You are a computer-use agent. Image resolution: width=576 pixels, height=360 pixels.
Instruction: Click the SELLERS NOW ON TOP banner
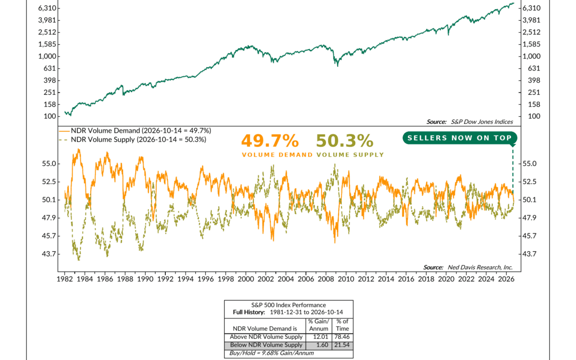tap(460, 138)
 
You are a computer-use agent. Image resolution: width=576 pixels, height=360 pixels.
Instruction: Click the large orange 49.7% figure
tap(270, 141)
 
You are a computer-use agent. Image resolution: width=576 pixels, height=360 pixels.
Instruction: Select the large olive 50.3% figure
tap(345, 141)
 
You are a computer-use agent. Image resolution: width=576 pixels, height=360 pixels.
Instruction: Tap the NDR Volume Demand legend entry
tap(135, 131)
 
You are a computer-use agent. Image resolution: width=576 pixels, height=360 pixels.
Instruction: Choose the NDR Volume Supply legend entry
tap(133, 140)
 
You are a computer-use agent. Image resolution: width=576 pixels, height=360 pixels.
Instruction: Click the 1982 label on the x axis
tap(65, 279)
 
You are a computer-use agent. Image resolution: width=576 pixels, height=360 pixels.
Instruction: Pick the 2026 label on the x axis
tap(506, 279)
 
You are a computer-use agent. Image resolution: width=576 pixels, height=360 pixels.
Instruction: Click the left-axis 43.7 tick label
tap(49, 254)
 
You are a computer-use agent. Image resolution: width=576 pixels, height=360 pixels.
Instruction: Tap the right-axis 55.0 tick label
tap(530, 164)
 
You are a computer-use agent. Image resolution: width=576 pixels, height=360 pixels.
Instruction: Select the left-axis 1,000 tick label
tap(47, 56)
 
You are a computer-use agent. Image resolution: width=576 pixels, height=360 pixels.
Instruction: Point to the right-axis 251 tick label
tap(530, 93)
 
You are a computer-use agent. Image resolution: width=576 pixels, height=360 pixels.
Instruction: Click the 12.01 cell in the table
tap(318, 337)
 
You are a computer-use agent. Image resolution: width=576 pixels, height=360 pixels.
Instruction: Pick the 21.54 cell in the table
tap(342, 345)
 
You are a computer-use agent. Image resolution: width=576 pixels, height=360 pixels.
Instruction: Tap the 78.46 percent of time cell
tap(342, 337)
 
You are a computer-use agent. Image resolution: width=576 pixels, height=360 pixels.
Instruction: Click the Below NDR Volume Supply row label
tap(266, 345)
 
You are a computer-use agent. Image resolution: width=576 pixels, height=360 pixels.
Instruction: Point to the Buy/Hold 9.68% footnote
tap(271, 354)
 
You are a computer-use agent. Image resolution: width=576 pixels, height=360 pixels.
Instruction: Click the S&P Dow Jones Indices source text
tap(469, 122)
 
